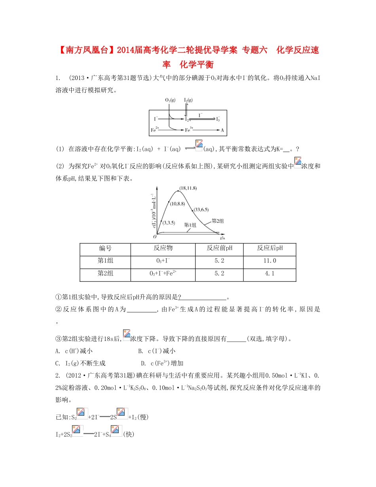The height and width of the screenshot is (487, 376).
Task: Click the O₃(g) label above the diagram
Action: (x=171, y=100)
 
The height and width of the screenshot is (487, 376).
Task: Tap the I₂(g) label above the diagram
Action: (x=188, y=100)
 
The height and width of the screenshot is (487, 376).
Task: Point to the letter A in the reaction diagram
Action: (x=222, y=129)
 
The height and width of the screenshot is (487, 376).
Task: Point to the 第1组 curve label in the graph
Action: (x=190, y=225)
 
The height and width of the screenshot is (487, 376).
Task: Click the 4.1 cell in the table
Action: (x=270, y=274)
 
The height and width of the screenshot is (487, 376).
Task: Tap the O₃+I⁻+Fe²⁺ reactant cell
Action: (x=163, y=274)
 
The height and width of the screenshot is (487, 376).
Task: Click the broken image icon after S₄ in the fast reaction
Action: (x=116, y=434)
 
